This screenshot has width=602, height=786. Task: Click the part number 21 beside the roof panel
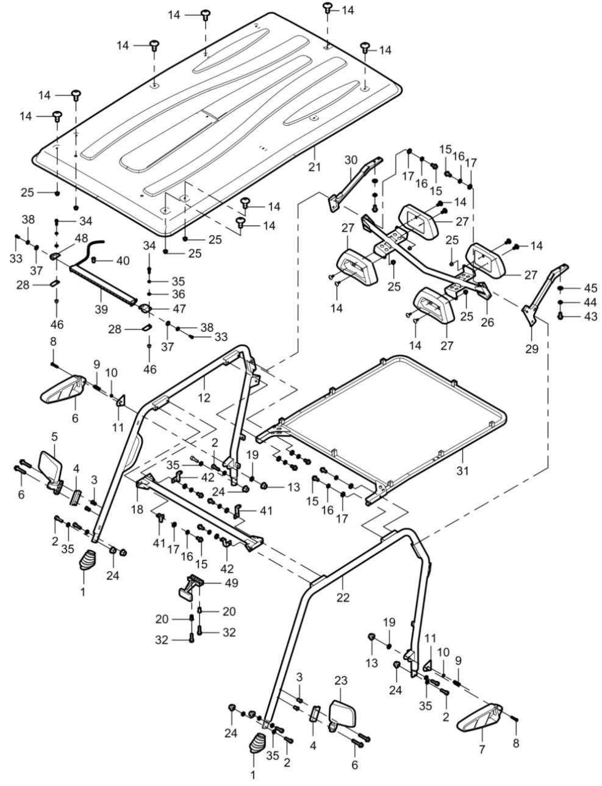point(315,167)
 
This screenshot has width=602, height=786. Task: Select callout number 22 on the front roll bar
point(343,597)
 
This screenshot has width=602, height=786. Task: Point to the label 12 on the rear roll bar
point(204,398)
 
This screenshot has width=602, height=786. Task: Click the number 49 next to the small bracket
point(231,583)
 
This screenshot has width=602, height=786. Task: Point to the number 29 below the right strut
point(532,349)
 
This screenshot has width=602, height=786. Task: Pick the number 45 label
point(590,287)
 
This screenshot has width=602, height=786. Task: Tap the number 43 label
point(590,316)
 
